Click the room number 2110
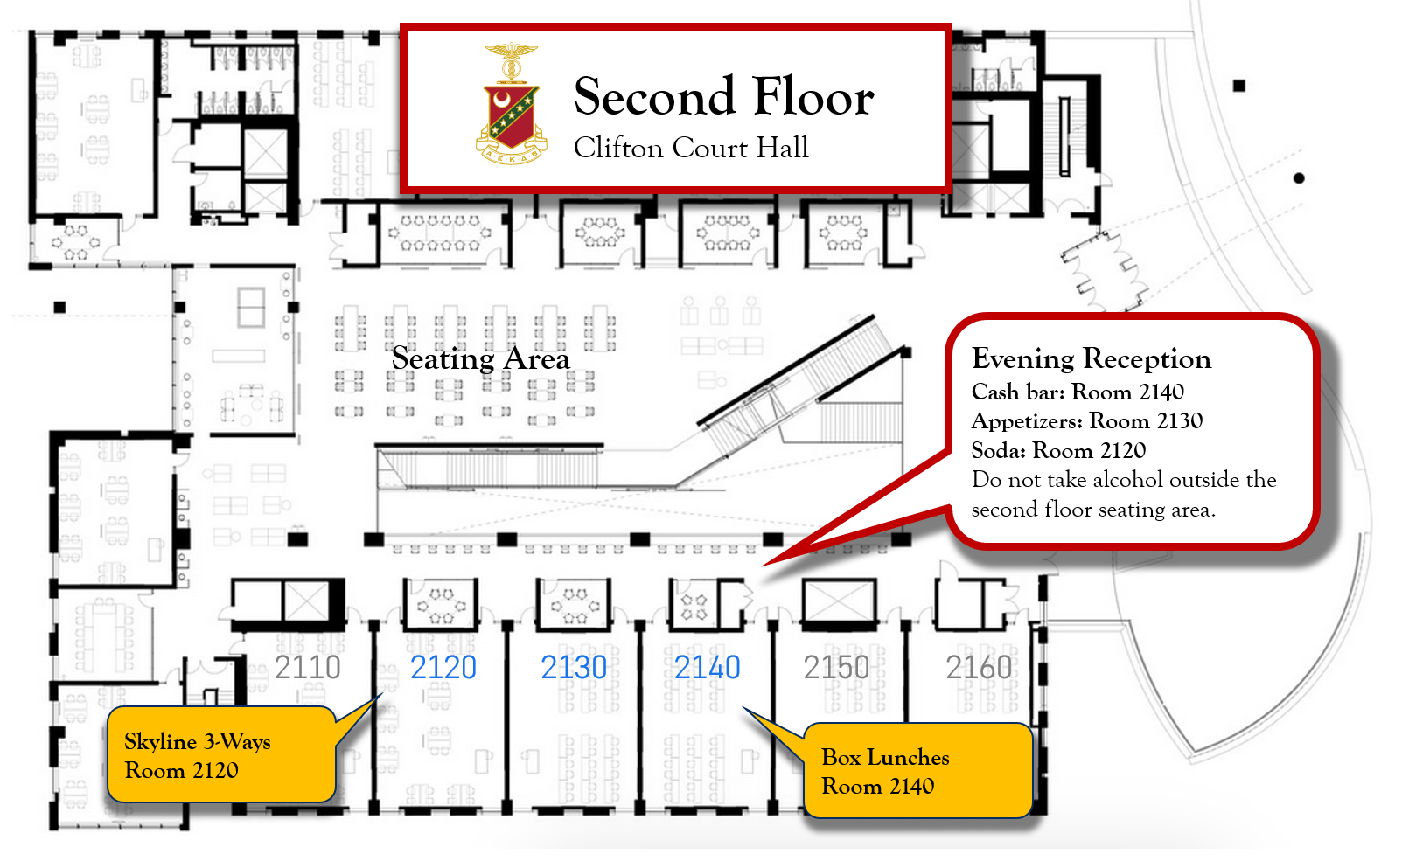[x=307, y=668]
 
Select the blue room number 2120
[x=443, y=668]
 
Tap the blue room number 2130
[x=574, y=668]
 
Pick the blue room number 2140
[x=708, y=668]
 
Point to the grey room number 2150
[x=837, y=668]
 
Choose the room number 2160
[x=979, y=668]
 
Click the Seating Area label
[x=481, y=359]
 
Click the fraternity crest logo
[x=512, y=105]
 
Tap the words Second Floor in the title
[x=723, y=97]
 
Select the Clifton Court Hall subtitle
[x=691, y=149]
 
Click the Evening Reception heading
[x=1092, y=359]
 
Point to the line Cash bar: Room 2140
[x=1078, y=392]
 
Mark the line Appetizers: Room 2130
[x=1087, y=421]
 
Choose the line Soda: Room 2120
[x=1058, y=450]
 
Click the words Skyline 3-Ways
[x=197, y=742]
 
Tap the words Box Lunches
[x=885, y=758]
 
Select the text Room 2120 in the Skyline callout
[x=182, y=770]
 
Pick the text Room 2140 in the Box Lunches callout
[x=878, y=787]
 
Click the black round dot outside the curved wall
[x=1299, y=178]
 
